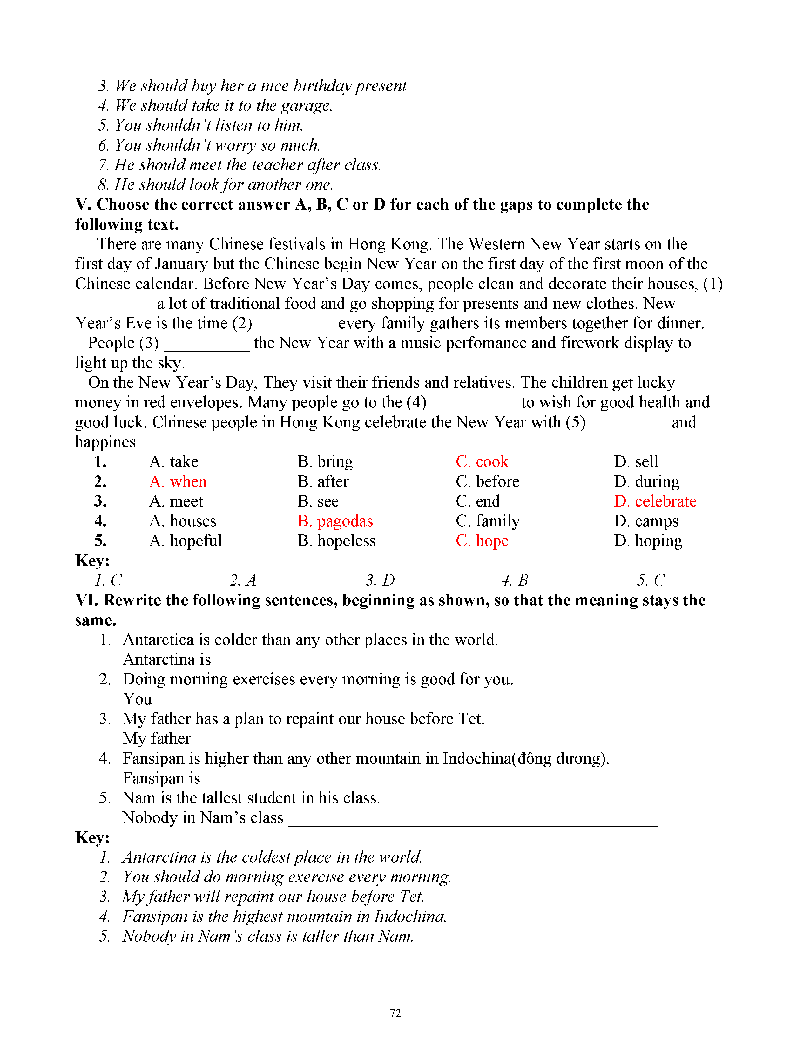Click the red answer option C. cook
pyautogui.click(x=482, y=462)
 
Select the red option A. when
pyautogui.click(x=178, y=481)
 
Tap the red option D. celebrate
pyautogui.click(x=655, y=501)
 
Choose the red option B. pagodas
pyautogui.click(x=335, y=521)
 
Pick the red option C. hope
pyautogui.click(x=482, y=541)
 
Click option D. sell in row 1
pyautogui.click(x=636, y=462)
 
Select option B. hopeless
pyautogui.click(x=336, y=541)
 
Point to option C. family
pyautogui.click(x=488, y=521)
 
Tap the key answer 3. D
pyautogui.click(x=380, y=581)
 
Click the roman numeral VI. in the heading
pyautogui.click(x=86, y=600)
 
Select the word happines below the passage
pyautogui.click(x=105, y=442)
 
